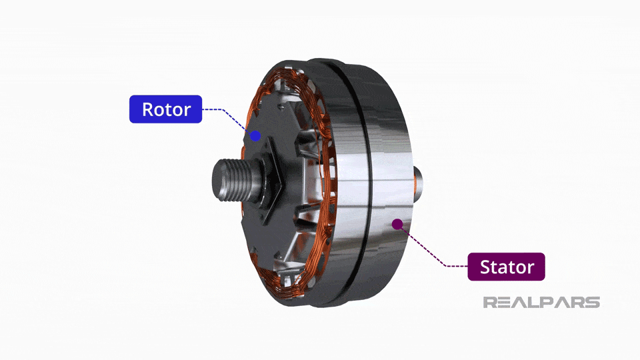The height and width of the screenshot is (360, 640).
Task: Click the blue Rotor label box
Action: pyautogui.click(x=165, y=109)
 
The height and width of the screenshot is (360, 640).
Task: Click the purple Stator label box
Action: pyautogui.click(x=507, y=267)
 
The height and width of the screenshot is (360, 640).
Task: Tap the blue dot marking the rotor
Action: pyautogui.click(x=255, y=135)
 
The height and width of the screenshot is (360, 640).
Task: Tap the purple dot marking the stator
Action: pyautogui.click(x=398, y=223)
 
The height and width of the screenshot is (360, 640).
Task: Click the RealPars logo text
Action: pyautogui.click(x=541, y=302)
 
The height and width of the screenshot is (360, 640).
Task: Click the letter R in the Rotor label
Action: pyautogui.click(x=149, y=109)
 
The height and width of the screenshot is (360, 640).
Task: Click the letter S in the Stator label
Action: pyautogui.click(x=486, y=267)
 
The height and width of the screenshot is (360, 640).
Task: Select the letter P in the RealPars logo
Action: pyautogui.click(x=549, y=302)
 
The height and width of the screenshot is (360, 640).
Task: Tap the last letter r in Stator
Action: pyautogui.click(x=531, y=268)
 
